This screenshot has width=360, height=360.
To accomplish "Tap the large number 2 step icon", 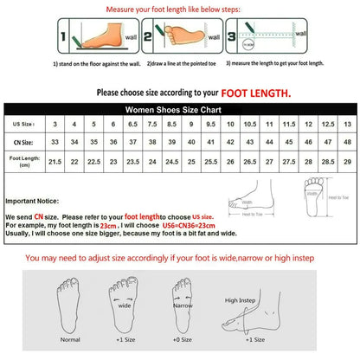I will pyautogui.click(x=148, y=38).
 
